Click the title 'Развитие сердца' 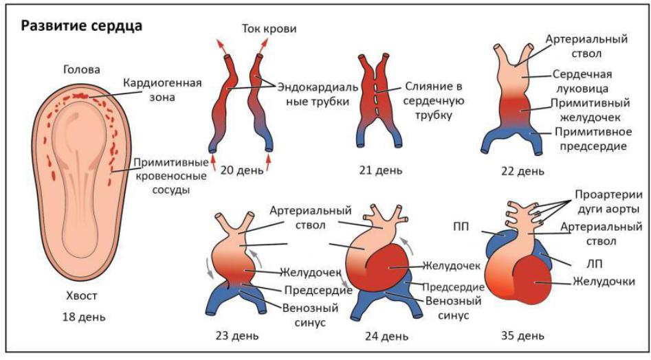point(82,27)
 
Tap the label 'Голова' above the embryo point(81,69)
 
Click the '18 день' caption point(82,317)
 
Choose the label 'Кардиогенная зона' point(162,90)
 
